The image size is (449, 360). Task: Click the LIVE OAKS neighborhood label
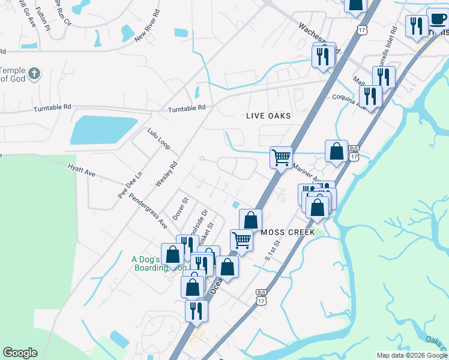click(x=268, y=116)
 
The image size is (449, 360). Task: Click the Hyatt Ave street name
click(x=82, y=172)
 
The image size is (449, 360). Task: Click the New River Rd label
click(x=148, y=25)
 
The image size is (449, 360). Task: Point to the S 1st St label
click(x=273, y=249)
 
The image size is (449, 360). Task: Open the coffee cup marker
click(x=438, y=17)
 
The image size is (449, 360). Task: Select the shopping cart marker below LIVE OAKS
click(x=280, y=158)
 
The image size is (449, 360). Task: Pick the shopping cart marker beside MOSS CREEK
click(x=241, y=239)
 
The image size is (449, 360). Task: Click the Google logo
click(x=20, y=353)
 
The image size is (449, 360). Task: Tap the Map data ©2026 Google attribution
click(x=412, y=355)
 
